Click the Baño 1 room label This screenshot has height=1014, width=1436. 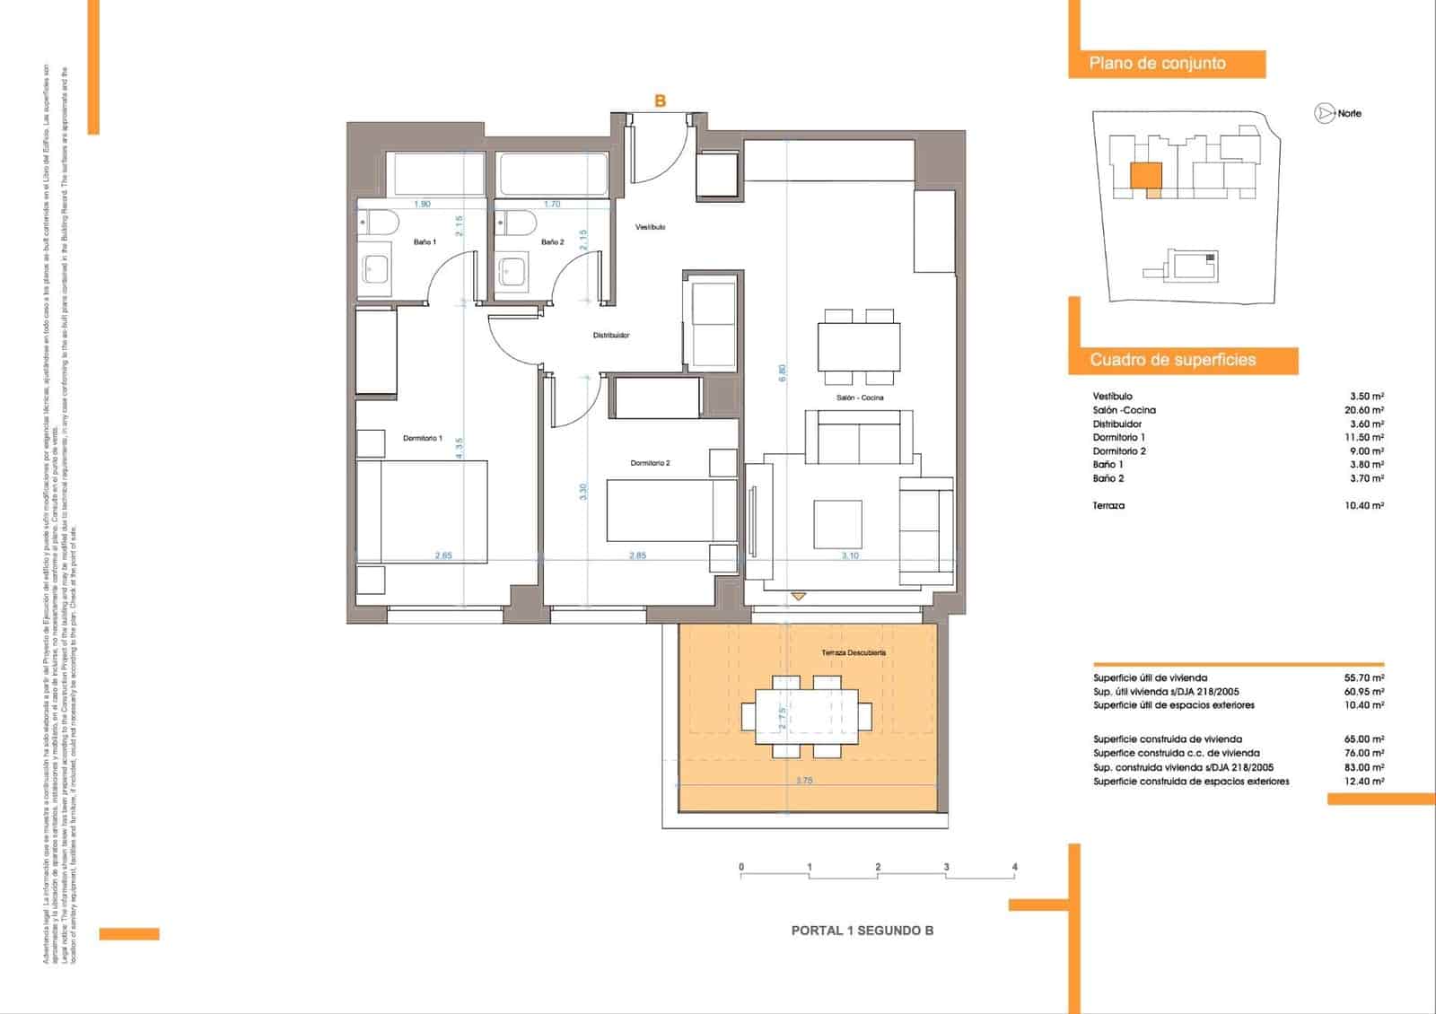coord(425,242)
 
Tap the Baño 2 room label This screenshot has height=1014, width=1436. coord(553,242)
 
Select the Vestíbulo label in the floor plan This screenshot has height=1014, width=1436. coord(651,228)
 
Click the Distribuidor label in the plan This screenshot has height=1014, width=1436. coord(611,336)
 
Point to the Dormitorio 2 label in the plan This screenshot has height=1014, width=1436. coord(650,463)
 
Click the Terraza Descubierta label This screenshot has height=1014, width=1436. coord(854,653)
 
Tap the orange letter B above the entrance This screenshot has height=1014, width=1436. coord(661,101)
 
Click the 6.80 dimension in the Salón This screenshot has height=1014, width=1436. coord(783,372)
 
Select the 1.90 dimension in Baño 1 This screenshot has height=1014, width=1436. coord(422,205)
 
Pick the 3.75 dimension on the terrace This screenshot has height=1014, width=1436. coord(804,781)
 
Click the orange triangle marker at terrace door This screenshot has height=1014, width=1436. coord(799,596)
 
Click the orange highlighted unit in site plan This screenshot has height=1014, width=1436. coord(1146,176)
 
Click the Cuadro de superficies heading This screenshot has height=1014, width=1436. coord(1172,360)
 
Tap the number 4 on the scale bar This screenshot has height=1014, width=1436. coord(1015,867)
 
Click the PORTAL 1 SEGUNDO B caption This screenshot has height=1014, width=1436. coord(862,931)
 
